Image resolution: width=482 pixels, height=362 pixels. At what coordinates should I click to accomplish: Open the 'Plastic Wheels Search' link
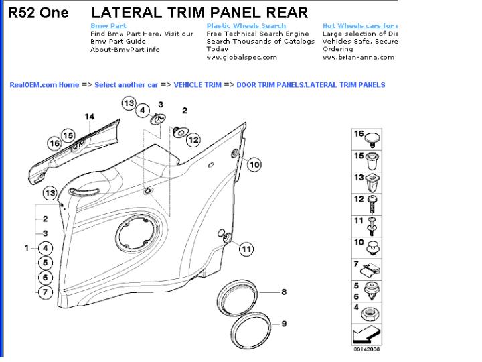[x=246, y=26]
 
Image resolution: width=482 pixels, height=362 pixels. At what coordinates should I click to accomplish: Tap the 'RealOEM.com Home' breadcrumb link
[x=44, y=85]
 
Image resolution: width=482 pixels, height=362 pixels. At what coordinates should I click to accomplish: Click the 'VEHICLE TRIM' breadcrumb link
[x=197, y=85]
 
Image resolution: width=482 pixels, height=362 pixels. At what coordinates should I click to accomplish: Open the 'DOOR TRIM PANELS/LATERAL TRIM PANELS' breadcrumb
[x=311, y=85]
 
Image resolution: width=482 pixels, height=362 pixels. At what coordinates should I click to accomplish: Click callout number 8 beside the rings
[x=283, y=292]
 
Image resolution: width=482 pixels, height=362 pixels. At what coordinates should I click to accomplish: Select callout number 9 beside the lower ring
[x=283, y=324]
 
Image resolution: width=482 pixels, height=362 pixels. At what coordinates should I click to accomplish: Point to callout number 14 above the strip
[x=89, y=117]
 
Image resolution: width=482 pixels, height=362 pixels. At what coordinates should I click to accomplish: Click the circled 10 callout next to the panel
[x=254, y=164]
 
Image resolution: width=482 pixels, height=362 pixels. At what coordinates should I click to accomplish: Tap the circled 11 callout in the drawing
[x=246, y=249]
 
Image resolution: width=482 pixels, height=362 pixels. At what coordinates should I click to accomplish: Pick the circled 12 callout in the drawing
[x=193, y=139]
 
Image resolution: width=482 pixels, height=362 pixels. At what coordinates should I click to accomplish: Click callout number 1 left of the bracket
[x=27, y=248]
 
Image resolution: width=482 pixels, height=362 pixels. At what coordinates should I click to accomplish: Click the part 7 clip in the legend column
[x=370, y=269]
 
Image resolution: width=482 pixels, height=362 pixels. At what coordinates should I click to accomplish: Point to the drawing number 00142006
[x=367, y=349]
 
